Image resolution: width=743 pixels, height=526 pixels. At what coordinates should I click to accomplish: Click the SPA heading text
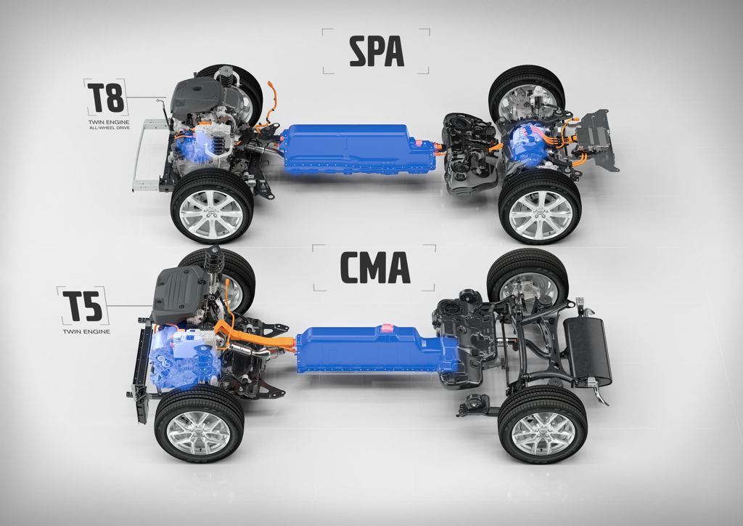tap(377, 52)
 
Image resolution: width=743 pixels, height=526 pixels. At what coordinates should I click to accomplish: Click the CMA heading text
tap(375, 268)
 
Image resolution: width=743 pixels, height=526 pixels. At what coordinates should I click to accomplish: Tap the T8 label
tap(106, 97)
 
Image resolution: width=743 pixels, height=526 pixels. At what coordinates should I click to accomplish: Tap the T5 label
tap(83, 306)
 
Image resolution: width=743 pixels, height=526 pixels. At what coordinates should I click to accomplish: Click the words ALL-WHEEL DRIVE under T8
tap(109, 128)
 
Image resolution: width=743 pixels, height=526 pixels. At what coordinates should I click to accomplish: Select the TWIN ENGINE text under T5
tap(86, 331)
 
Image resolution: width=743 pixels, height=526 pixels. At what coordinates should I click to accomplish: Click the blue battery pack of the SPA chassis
tap(358, 149)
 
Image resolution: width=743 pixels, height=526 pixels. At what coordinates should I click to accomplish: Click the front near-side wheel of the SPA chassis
tap(211, 206)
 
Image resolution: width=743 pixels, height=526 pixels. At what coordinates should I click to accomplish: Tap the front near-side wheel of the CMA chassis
tap(199, 423)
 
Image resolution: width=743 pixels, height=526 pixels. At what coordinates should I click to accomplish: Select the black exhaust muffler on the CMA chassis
tap(588, 352)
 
